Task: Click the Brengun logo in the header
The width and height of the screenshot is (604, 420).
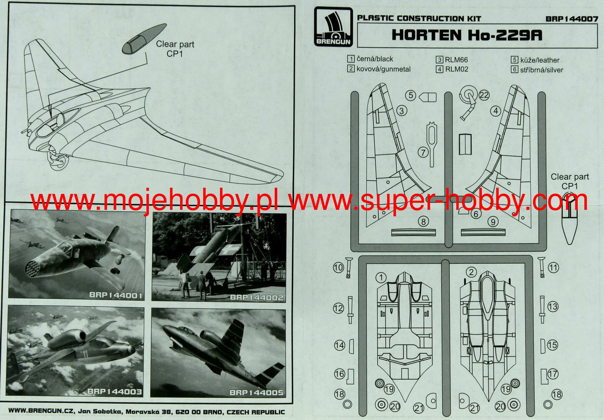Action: click(x=333, y=27)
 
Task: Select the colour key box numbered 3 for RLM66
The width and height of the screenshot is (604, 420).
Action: click(x=439, y=60)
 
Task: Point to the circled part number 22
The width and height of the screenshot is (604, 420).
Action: click(x=484, y=95)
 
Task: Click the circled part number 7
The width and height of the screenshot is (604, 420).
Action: click(x=423, y=153)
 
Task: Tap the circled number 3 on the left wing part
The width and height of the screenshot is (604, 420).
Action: click(x=402, y=111)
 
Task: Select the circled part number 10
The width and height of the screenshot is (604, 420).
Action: click(x=338, y=268)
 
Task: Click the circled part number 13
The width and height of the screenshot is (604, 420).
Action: click(x=553, y=307)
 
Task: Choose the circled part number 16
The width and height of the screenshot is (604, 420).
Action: click(x=339, y=374)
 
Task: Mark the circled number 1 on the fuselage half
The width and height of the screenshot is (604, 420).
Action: click(x=381, y=277)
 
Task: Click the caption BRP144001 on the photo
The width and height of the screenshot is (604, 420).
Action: click(x=116, y=295)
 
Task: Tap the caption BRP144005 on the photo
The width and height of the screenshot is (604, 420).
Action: click(x=256, y=393)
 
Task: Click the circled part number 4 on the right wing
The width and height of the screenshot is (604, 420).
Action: click(x=496, y=111)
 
